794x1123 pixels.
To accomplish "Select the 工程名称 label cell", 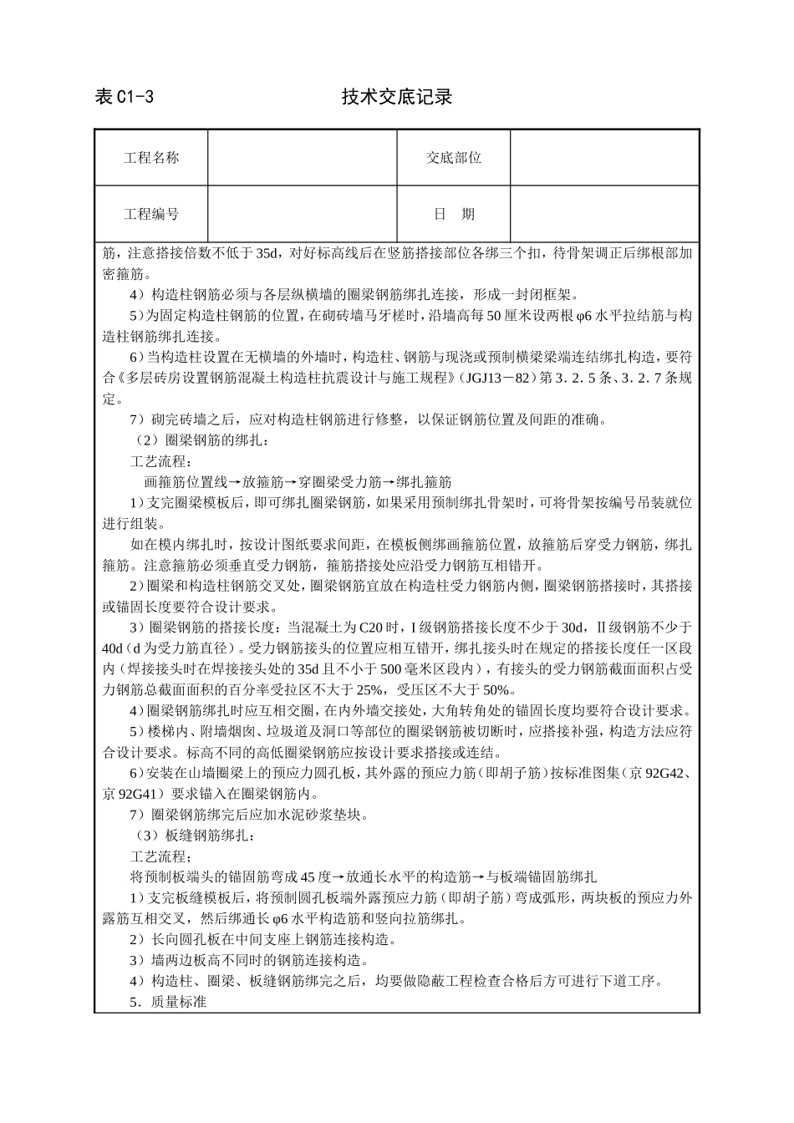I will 151,158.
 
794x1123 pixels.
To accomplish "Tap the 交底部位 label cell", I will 453,158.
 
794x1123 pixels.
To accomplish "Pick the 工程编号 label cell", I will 151,214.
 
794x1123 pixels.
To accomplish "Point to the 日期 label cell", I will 453,214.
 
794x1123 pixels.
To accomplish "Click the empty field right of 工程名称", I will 302,158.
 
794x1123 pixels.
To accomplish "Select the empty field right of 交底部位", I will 603,158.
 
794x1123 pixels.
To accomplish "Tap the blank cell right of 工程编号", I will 302,214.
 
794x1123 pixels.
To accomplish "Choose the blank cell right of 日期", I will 603,214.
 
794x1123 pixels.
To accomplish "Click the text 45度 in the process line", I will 315,877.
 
